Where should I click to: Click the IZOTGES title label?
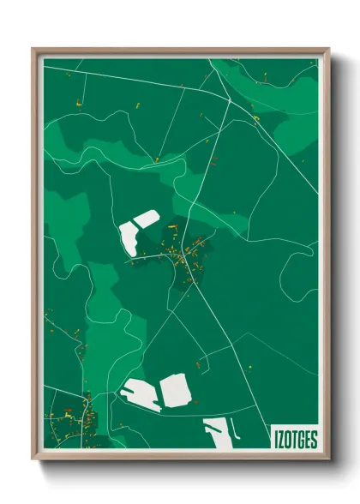coord(295,440)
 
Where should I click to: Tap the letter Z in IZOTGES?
coord(280,440)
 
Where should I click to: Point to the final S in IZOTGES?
coord(314,440)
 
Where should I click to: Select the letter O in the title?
coord(287,440)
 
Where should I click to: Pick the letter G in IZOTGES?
coord(300,440)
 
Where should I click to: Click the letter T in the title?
coord(294,440)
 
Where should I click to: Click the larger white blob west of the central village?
coord(130,238)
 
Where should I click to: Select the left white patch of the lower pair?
coord(140,393)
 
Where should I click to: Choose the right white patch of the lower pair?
coord(176,391)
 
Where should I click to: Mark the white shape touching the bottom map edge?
coord(218,435)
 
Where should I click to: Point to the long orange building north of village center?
coord(173,227)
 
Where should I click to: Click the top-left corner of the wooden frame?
coord(33,50)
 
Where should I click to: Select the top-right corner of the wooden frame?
coord(328,50)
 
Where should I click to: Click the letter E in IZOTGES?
coord(307,440)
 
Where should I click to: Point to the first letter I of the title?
coord(275,440)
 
